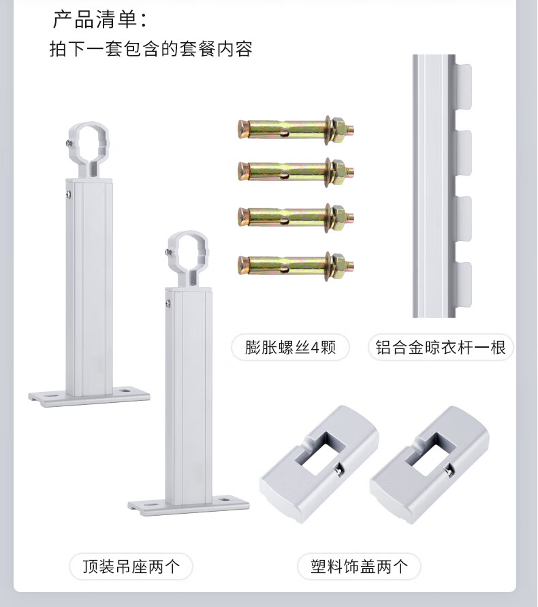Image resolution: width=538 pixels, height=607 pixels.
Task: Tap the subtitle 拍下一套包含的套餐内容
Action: [151, 49]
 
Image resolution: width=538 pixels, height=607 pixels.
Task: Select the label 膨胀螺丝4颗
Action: [290, 347]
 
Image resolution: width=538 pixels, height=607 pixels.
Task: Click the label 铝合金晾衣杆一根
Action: [441, 347]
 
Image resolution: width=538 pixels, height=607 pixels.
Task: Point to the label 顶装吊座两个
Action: [131, 566]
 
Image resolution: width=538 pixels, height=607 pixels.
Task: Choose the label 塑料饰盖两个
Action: [359, 566]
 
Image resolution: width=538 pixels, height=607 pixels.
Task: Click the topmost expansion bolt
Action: [296, 129]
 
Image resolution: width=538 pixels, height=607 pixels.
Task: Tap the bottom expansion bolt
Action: [296, 265]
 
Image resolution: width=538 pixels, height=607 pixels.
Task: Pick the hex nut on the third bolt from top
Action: [338, 217]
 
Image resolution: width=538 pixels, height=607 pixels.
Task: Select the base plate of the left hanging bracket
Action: [89, 397]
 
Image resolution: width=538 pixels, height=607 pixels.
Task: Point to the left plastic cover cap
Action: [319, 464]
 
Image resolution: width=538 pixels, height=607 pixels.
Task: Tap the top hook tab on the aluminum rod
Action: [464, 86]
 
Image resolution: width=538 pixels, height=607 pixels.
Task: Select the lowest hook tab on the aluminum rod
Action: [464, 284]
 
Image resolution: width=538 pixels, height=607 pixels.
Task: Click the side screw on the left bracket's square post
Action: [69, 195]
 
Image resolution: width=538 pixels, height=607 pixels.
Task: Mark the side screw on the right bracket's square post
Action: [168, 304]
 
